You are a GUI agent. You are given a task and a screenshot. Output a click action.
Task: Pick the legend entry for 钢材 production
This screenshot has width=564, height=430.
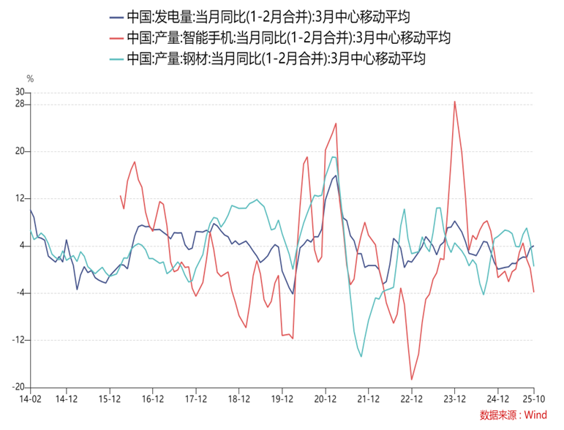tap(276, 59)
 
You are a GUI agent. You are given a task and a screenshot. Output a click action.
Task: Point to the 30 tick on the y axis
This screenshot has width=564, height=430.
tap(20, 92)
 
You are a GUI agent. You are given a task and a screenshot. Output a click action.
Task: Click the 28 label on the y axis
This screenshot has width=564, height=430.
tap(20, 104)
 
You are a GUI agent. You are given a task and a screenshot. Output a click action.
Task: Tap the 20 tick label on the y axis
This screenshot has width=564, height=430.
tap(20, 151)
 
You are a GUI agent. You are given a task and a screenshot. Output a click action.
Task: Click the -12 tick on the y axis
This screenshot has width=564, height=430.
tap(18, 340)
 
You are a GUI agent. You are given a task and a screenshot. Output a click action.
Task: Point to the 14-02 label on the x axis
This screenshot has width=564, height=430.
tap(31, 400)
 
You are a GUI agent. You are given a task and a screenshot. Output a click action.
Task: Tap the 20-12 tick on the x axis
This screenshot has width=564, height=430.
tap(325, 400)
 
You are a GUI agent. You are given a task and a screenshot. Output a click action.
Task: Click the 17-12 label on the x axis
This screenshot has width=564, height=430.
tap(195, 400)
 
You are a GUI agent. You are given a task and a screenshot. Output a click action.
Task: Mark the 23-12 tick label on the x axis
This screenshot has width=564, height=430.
tap(454, 400)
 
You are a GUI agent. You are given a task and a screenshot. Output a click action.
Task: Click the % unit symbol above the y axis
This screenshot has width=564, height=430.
tap(30, 78)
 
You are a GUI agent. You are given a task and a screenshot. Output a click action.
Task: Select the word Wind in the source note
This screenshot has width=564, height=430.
tap(535, 415)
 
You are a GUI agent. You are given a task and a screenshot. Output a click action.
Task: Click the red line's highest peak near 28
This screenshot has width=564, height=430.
tap(454, 102)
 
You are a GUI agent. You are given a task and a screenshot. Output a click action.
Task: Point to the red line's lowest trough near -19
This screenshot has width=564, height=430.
tap(412, 380)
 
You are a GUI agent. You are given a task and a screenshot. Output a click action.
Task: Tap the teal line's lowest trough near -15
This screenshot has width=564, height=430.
tap(362, 357)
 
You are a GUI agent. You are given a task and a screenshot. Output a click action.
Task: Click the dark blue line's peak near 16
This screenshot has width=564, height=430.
tap(336, 175)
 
